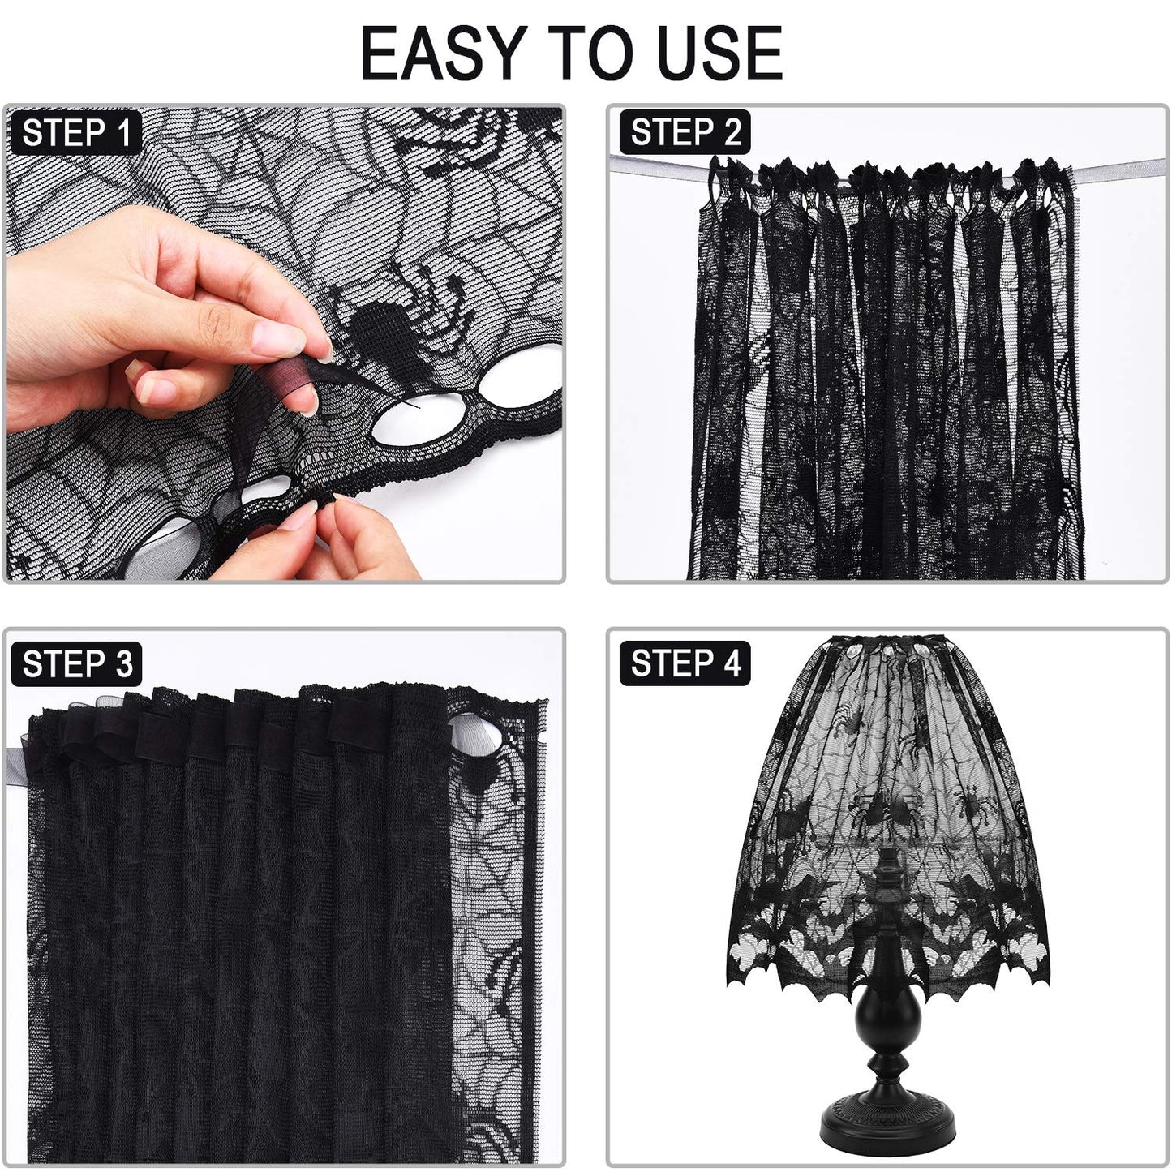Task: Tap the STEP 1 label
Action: (76, 133)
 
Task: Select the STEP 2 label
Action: (685, 132)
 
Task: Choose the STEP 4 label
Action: (685, 663)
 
